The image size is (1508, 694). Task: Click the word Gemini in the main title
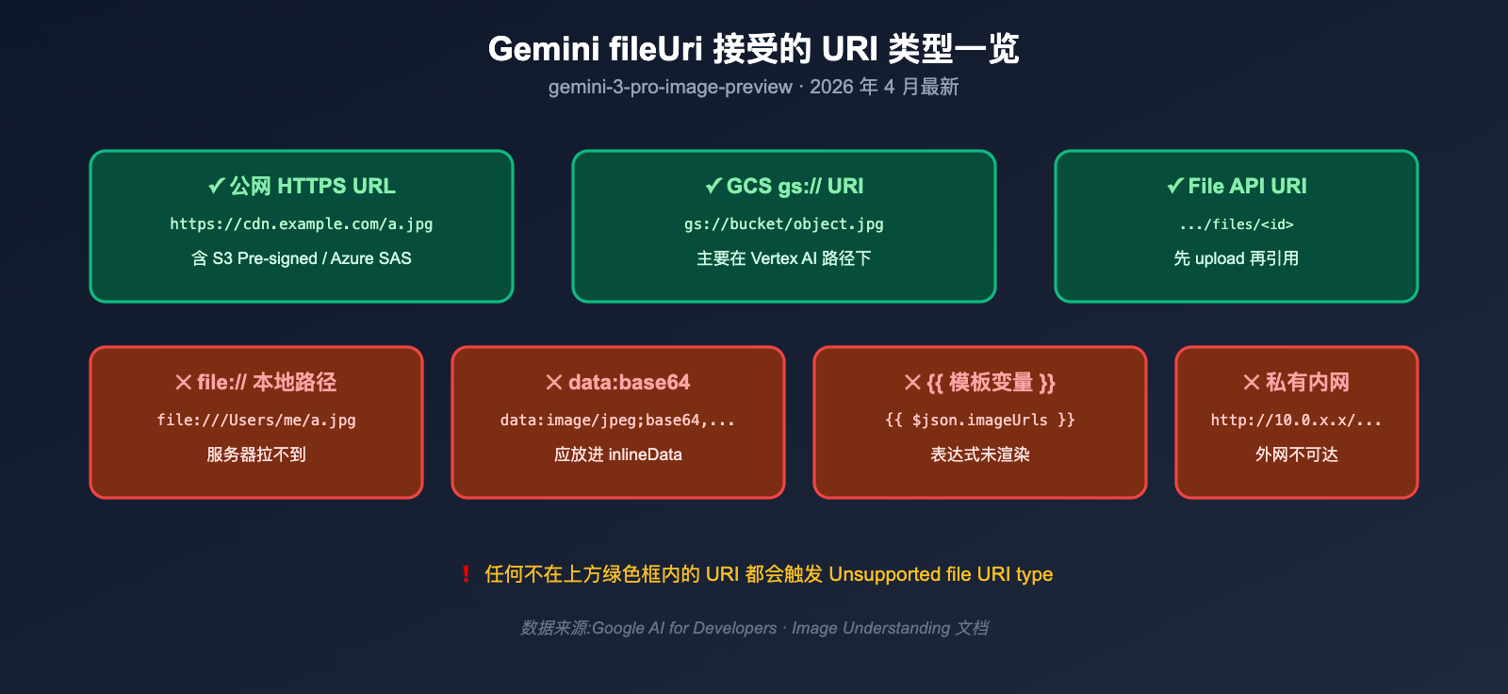click(543, 49)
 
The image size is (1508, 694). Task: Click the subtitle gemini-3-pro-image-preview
click(670, 87)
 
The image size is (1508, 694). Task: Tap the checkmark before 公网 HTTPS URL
click(216, 186)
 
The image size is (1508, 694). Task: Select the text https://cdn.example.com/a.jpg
click(302, 224)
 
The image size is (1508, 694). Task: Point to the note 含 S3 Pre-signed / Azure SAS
click(302, 258)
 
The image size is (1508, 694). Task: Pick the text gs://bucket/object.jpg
click(784, 224)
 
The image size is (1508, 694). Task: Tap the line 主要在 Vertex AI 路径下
click(784, 258)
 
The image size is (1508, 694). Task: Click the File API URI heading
click(1247, 186)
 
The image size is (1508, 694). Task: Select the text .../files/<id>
click(1237, 224)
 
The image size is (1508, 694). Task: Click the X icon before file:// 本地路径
click(184, 382)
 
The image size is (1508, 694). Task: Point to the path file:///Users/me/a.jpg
click(256, 421)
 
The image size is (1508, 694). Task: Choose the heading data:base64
click(629, 382)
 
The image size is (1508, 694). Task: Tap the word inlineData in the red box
click(645, 454)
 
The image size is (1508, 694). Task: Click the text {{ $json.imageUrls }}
click(980, 421)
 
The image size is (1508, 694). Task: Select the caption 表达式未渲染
click(980, 454)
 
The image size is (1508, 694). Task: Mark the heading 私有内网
click(1307, 382)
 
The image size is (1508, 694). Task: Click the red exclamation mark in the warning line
click(466, 574)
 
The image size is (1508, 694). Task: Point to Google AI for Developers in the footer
click(684, 628)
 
